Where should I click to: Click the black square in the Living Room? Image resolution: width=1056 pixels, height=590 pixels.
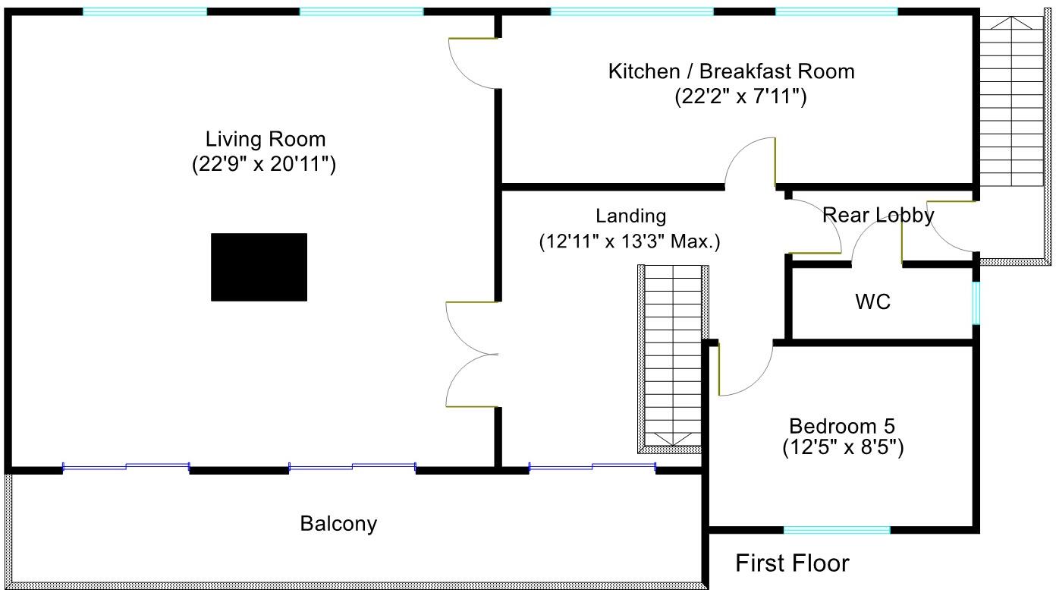point(259,267)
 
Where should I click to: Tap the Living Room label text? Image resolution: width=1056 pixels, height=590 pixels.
point(266,140)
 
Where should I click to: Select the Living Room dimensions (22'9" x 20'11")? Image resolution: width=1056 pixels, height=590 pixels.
point(264,165)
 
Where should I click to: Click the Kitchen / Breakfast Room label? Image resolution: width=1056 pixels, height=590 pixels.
point(731,71)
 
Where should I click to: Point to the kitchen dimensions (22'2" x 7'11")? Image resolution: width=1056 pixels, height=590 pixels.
point(740,96)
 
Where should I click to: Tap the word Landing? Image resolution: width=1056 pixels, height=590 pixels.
point(630,216)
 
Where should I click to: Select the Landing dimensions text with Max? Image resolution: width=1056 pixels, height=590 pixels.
point(629,242)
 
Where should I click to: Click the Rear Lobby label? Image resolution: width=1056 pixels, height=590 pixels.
point(878,216)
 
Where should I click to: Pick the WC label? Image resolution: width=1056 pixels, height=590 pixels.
point(872,302)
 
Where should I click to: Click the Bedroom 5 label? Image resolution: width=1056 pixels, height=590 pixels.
point(841,425)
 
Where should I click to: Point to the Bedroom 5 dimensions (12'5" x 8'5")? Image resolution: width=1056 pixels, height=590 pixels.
point(843,448)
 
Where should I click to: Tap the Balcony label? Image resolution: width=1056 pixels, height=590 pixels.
point(338,523)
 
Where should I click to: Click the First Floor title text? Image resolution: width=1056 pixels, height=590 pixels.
point(792,563)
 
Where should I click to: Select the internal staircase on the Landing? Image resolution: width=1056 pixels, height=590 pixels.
point(674,357)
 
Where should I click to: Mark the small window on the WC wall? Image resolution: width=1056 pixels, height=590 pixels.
point(976,303)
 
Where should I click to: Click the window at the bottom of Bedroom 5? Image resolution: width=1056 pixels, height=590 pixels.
point(836,529)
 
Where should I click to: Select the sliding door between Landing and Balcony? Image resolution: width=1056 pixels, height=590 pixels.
point(592,468)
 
